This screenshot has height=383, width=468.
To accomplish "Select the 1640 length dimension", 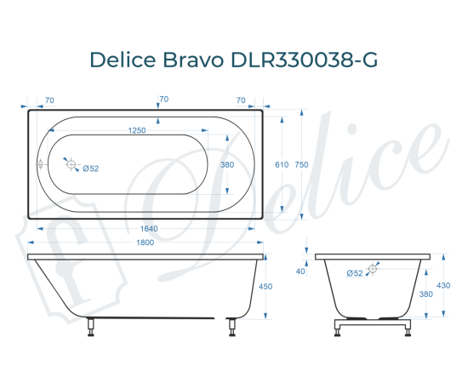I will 148,228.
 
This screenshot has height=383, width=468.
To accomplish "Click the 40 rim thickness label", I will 300,272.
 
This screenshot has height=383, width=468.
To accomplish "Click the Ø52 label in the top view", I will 91,169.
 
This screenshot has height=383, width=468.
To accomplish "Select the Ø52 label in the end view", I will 356,272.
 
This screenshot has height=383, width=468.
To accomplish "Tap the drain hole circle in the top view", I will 73,164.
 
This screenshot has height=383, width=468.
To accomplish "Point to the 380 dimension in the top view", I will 227,165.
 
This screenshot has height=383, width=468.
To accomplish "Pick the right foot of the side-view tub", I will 229,327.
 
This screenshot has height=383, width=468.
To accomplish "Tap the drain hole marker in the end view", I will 374,267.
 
